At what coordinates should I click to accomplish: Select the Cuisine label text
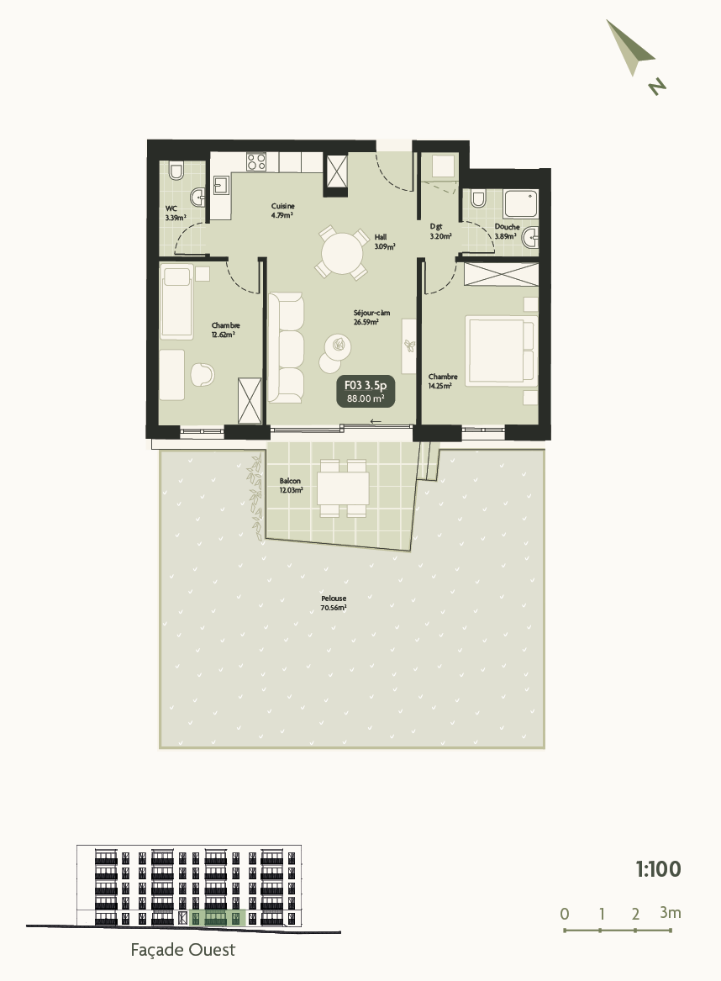tap(282, 210)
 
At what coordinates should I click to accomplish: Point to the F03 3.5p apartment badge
tap(366, 391)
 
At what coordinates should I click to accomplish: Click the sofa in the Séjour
tap(286, 345)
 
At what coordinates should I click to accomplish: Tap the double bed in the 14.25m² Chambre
tap(501, 349)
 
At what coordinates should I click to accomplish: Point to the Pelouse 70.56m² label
tap(334, 603)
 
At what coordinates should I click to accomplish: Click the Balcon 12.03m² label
tap(291, 486)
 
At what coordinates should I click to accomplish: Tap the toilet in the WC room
tap(176, 171)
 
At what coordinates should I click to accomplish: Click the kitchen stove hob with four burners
tap(256, 161)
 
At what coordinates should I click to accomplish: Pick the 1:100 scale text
tap(658, 869)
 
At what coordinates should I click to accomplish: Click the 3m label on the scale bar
tap(670, 912)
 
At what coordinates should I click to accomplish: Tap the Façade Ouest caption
tap(183, 951)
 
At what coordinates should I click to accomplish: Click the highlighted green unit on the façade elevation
tap(217, 918)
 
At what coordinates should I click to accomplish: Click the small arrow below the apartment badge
tap(375, 421)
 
